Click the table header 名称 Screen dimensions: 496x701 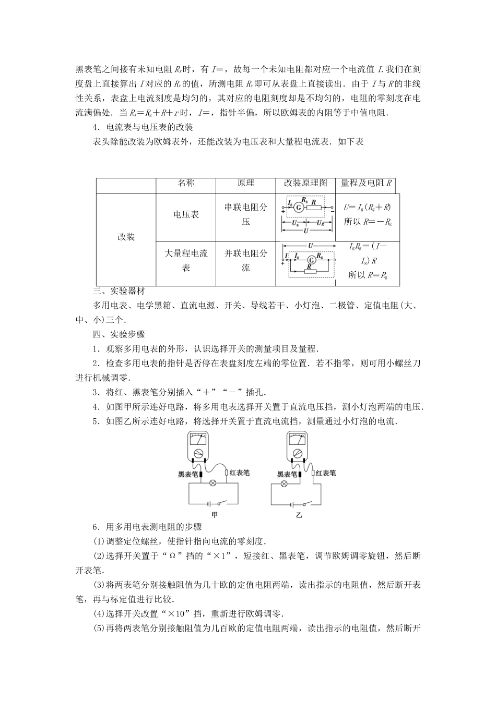pyautogui.click(x=186, y=183)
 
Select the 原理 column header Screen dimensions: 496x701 pyautogui.click(x=245, y=183)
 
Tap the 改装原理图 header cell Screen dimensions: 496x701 pyautogui.click(x=305, y=183)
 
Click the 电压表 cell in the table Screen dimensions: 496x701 pyautogui.click(x=186, y=214)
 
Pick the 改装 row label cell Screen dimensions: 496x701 pyautogui.click(x=126, y=237)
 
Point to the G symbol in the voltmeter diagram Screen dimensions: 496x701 pyautogui.click(x=299, y=207)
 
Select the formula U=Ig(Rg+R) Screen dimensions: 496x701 pyautogui.click(x=368, y=208)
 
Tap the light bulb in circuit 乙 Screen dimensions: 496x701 pyautogui.click(x=285, y=484)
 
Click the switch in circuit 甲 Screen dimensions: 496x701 pyautogui.click(x=225, y=503)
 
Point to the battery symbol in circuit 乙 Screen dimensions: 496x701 pyautogui.click(x=293, y=504)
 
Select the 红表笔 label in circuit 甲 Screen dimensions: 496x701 pyautogui.click(x=239, y=473)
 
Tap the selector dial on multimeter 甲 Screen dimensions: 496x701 pyautogui.click(x=198, y=453)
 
